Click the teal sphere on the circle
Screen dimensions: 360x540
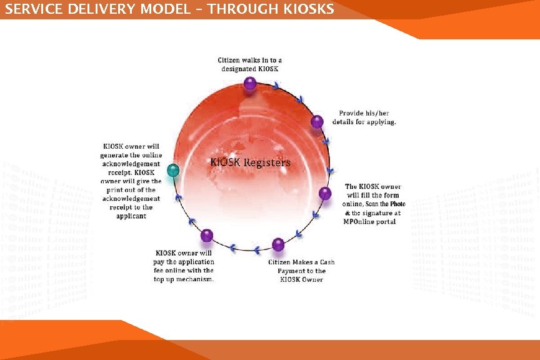174,170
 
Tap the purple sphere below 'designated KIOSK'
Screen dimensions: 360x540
250,83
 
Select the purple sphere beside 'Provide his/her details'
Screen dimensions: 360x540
317,121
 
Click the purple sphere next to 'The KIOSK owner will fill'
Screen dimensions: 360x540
325,193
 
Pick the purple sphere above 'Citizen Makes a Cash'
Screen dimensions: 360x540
278,244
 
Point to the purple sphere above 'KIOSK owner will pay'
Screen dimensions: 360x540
207,235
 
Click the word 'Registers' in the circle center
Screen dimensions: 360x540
269,162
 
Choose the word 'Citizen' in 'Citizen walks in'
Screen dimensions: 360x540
229,60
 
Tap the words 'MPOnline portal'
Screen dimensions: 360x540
370,222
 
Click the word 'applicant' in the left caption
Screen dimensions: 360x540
131,216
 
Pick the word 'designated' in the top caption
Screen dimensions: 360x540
239,68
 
